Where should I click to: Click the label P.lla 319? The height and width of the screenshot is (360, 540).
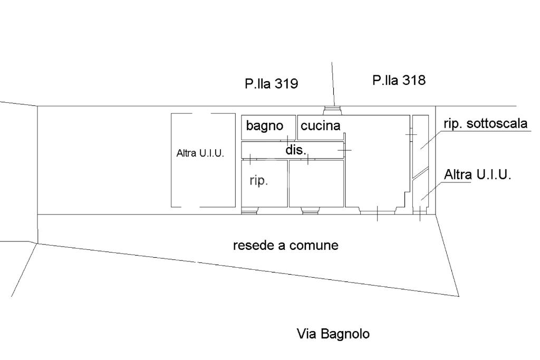point(271,83)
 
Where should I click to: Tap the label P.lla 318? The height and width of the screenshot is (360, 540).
point(399,80)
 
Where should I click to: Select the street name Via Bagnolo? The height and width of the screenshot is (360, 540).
point(333,334)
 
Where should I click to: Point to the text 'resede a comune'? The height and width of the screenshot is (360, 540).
point(285,245)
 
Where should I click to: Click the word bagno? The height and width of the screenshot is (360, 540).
point(265,126)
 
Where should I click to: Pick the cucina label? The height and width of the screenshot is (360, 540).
point(321,126)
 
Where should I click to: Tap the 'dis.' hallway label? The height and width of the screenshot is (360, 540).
point(295,150)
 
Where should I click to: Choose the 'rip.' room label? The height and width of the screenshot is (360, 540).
point(259,181)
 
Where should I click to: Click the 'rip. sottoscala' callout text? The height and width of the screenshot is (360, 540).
point(486,124)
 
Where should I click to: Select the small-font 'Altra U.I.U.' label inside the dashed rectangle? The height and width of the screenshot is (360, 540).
point(200,154)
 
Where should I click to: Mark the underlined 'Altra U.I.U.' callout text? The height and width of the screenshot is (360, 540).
point(478,174)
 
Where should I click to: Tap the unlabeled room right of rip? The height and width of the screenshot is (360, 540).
point(316,184)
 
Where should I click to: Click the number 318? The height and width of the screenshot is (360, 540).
point(414,80)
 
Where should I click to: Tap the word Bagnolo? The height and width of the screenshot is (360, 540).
point(345,334)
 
